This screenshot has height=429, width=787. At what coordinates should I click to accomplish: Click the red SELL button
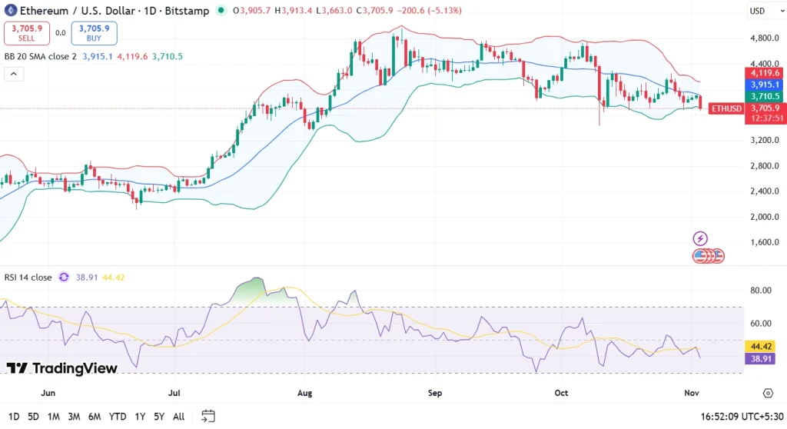tap(27, 33)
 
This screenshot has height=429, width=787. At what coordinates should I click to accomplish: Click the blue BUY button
tap(94, 33)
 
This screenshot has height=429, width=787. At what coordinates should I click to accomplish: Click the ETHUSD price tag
tap(726, 108)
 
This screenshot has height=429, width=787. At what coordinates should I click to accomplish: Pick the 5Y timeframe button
tap(158, 416)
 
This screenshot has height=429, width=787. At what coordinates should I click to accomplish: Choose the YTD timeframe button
tap(118, 416)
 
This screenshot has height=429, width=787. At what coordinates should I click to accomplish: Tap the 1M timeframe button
tap(54, 416)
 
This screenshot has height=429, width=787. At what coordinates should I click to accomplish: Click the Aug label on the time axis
tap(304, 392)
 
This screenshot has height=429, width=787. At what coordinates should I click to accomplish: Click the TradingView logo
tap(62, 368)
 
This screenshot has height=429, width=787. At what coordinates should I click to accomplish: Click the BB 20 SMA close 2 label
tap(40, 56)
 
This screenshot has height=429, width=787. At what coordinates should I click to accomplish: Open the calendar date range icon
tap(208, 416)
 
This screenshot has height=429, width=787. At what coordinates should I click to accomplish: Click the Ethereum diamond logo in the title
tap(10, 11)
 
